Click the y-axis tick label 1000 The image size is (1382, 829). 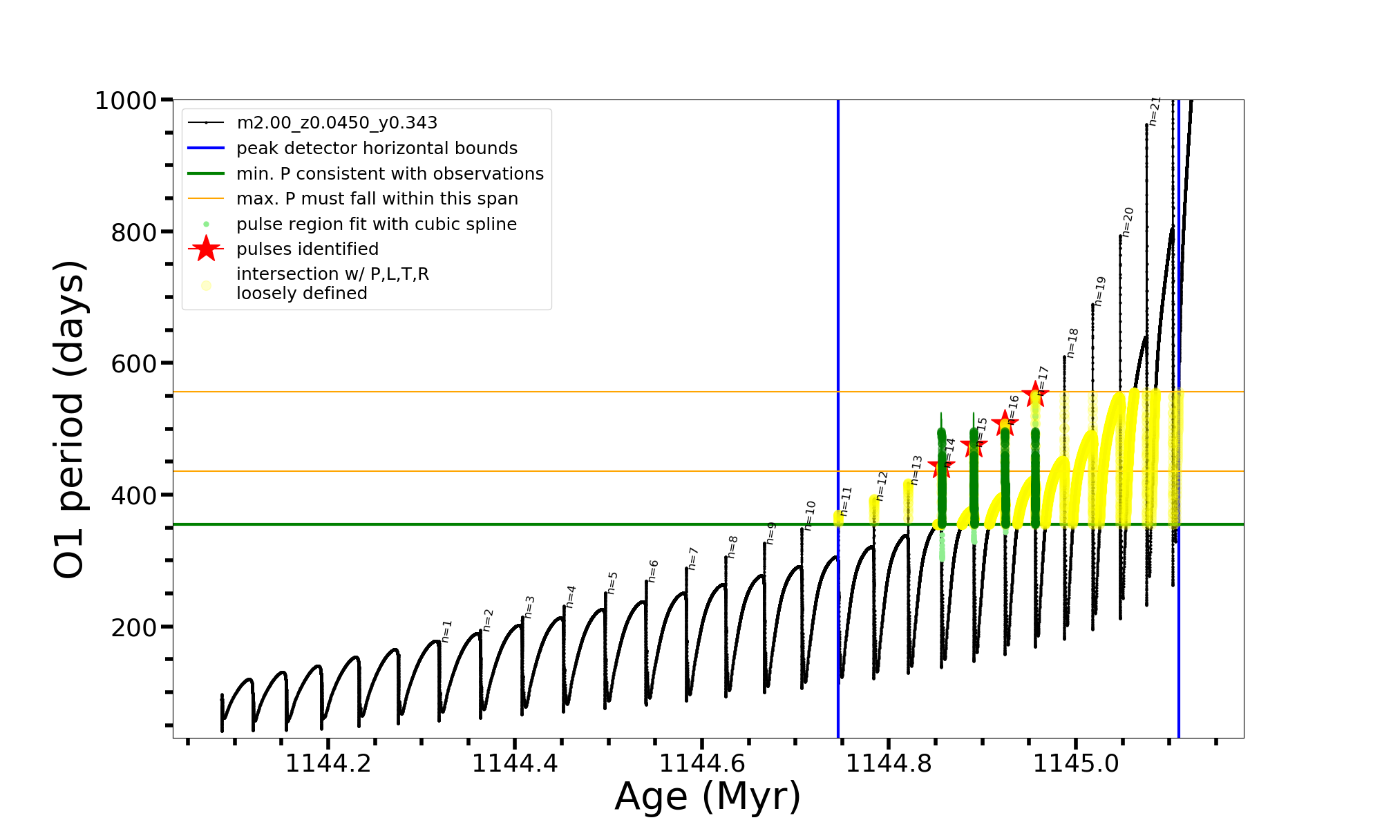[126, 101]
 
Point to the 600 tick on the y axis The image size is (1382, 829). [134, 364]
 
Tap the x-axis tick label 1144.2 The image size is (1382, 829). [328, 763]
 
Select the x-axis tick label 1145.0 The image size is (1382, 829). [1075, 763]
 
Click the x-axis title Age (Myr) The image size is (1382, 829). [708, 797]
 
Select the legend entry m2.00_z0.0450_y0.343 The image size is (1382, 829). [337, 123]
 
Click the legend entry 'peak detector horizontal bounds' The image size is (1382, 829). [377, 149]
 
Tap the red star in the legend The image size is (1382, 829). [206, 249]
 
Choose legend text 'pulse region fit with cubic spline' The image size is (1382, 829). [376, 225]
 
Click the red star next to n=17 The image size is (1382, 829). [1035, 394]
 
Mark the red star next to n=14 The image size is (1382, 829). [941, 467]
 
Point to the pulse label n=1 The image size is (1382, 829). [446, 631]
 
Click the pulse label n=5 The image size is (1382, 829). [612, 582]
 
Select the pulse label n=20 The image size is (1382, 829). [1128, 222]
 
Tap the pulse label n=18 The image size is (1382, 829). [1072, 343]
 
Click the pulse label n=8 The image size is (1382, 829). [732, 546]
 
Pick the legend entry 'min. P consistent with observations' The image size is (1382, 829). [390, 174]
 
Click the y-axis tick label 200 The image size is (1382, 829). [134, 628]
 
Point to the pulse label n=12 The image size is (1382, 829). [880, 486]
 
